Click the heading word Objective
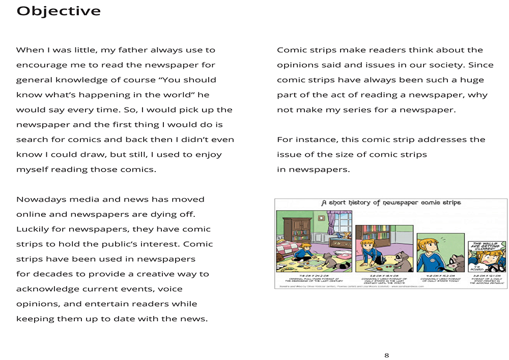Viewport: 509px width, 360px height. point(59,11)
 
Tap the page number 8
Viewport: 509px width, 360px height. point(386,355)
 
